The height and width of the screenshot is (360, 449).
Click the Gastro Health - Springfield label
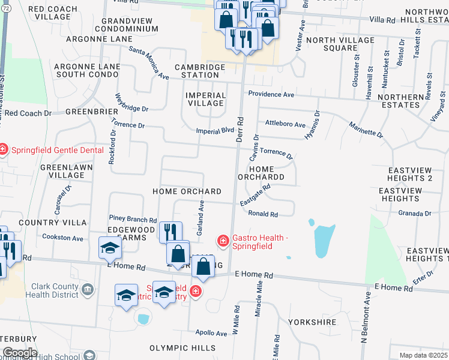pos(253,242)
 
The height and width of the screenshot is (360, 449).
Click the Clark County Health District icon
pos(88,290)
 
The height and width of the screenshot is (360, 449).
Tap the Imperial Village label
pos(206,99)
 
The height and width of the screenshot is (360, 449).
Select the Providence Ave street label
pos(271,95)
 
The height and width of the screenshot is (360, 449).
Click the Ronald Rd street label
pos(263,214)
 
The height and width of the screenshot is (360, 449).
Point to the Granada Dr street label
pos(415,213)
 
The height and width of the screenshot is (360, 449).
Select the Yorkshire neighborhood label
pos(312,322)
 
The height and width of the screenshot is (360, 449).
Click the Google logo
pos(20,353)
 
